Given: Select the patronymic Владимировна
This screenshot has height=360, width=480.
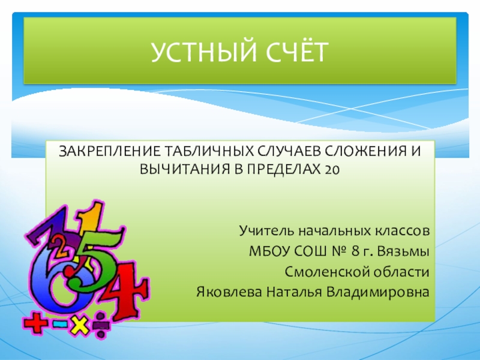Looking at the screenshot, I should pyautogui.click(x=378, y=292).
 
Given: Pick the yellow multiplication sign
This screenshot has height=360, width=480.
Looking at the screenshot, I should pyautogui.click(x=78, y=324).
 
